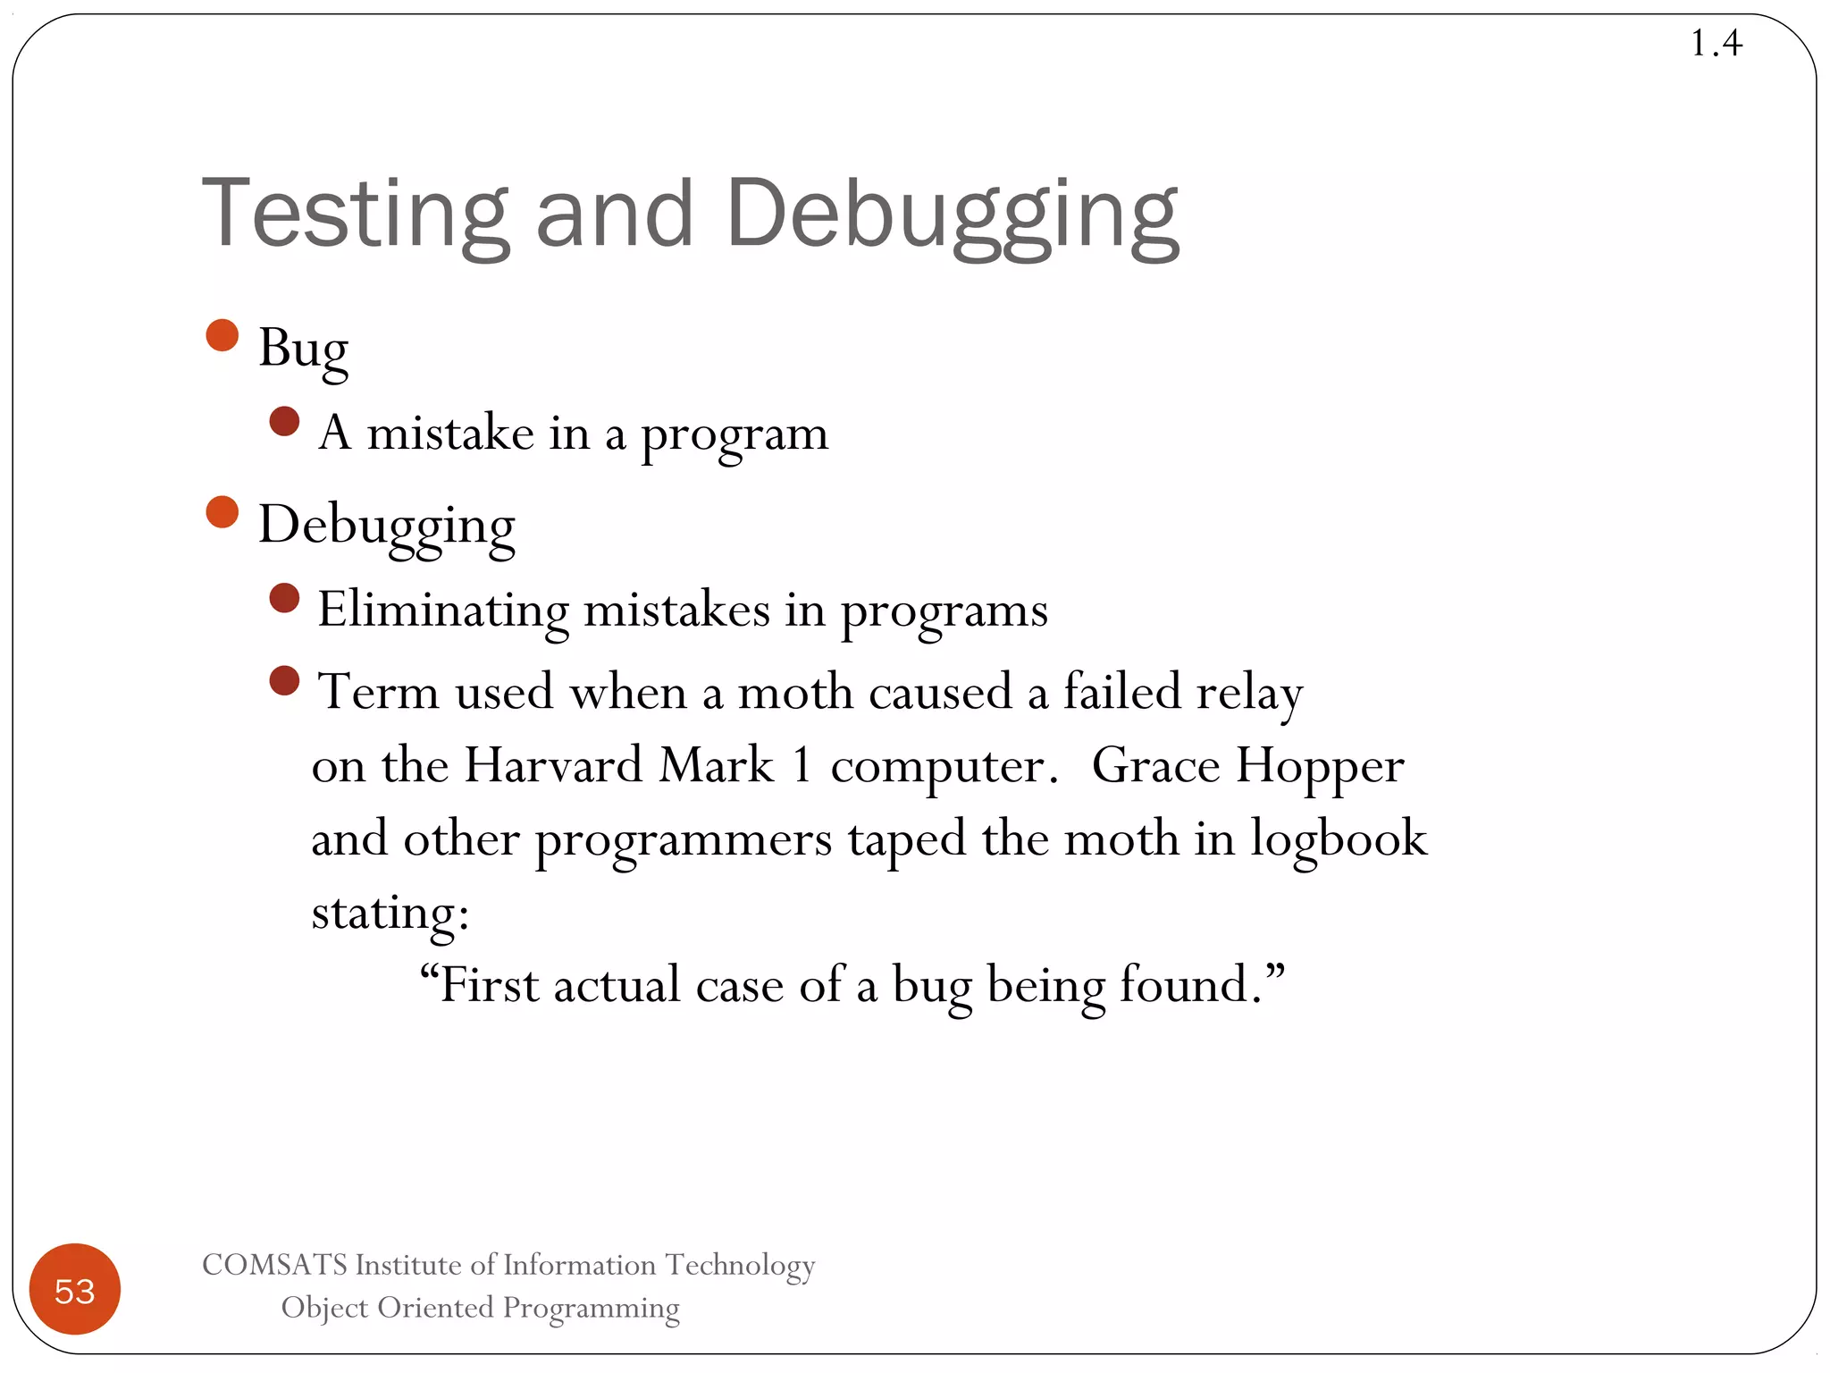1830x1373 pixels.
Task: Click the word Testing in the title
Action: point(356,215)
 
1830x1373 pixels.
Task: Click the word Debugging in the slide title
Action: point(953,215)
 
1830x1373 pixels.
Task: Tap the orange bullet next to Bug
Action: point(222,336)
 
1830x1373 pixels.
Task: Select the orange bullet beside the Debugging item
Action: point(222,512)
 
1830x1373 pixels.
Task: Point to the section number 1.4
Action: point(1716,43)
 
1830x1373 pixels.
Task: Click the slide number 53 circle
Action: point(75,1290)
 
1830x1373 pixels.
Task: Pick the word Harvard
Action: point(553,766)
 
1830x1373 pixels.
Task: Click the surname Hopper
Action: point(1320,766)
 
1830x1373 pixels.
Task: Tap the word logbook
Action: point(1338,840)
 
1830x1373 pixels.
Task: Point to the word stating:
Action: point(390,914)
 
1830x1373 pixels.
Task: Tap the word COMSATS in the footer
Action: point(274,1265)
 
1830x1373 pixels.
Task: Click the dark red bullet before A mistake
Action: point(284,422)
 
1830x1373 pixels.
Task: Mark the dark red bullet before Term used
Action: point(284,681)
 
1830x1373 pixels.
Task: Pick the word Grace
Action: point(1155,766)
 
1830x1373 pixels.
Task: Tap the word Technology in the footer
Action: point(741,1265)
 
